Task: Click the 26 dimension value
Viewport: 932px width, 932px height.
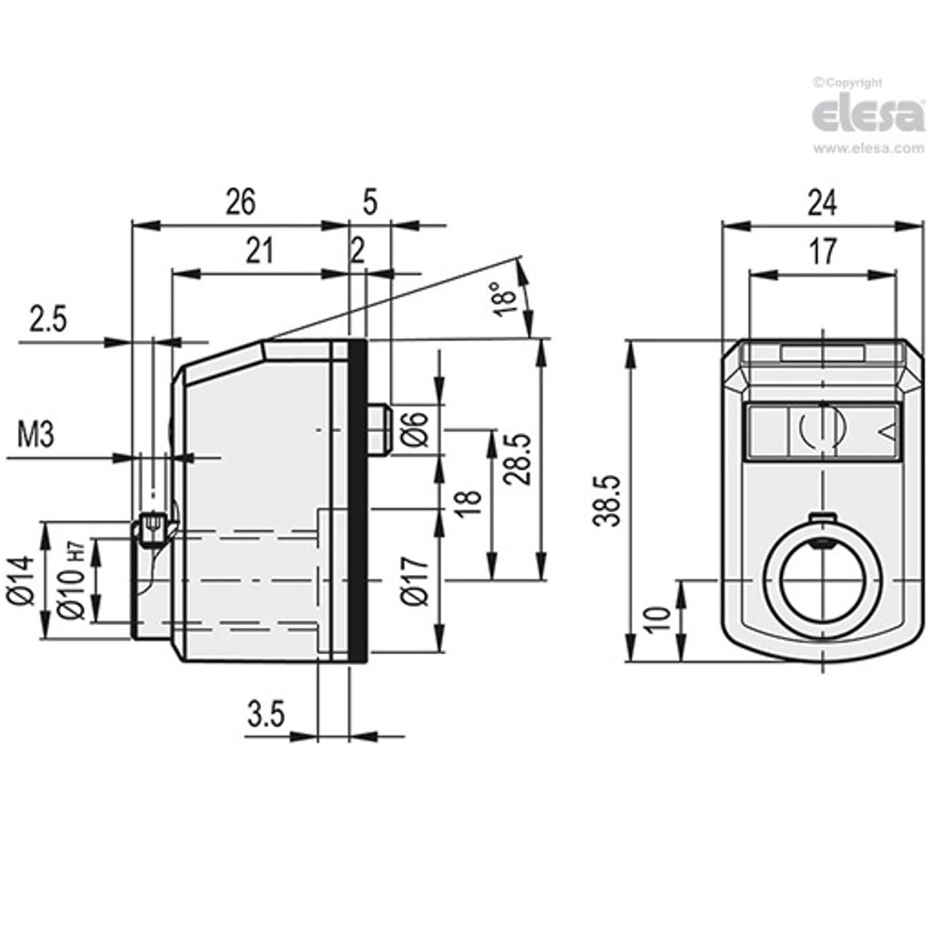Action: pyautogui.click(x=240, y=203)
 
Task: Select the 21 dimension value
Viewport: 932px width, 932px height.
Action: pyautogui.click(x=259, y=251)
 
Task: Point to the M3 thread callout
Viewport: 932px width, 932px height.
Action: pyautogui.click(x=35, y=436)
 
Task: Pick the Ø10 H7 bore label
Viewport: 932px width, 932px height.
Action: pyautogui.click(x=71, y=580)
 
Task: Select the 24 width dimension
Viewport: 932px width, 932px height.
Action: pyautogui.click(x=821, y=203)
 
